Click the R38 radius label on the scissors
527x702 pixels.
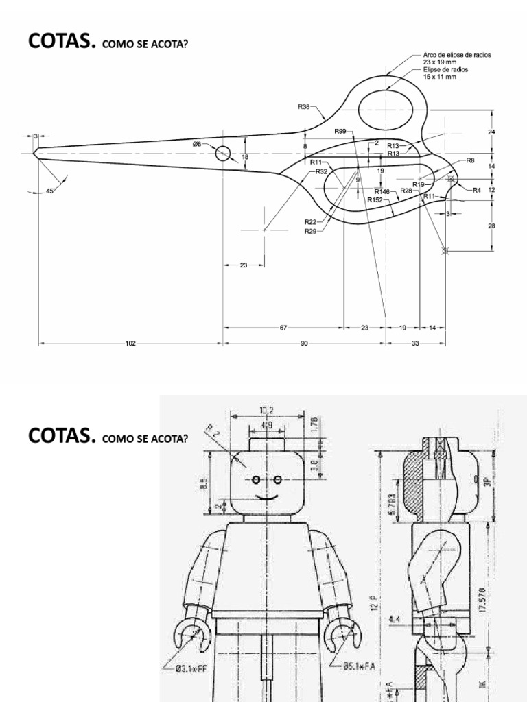tap(303, 106)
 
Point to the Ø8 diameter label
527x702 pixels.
tap(196, 144)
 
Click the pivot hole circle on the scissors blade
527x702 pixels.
tap(223, 153)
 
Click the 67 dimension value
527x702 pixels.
tap(283, 328)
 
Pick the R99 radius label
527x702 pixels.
tap(340, 132)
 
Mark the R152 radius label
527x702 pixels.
tap(375, 199)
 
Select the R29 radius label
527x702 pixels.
tap(310, 231)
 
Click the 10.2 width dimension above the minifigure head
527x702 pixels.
tap(266, 411)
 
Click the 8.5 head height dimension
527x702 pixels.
tap(203, 485)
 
